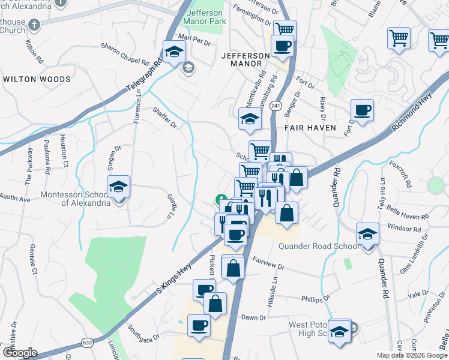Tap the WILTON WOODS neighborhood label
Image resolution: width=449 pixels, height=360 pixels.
coord(37,79)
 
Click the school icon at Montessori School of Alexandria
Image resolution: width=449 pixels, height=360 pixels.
coord(119,188)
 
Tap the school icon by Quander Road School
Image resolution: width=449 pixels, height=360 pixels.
coord(367,234)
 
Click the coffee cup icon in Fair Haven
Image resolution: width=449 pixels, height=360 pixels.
coord(362,110)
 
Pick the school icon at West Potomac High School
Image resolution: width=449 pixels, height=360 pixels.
coord(340,331)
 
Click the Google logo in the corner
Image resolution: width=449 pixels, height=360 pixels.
coord(19,352)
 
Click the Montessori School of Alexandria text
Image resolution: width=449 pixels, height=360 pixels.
coord(75,199)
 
